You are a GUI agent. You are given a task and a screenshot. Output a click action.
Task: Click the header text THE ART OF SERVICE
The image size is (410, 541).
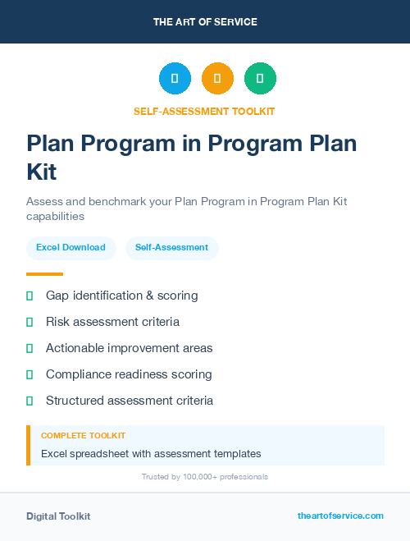[x=205, y=22]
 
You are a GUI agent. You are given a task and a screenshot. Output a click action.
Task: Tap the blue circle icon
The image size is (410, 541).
[x=175, y=79]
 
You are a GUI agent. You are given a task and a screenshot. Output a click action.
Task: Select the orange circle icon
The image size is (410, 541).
[x=217, y=79]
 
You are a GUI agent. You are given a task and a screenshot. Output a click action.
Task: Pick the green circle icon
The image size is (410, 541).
[x=260, y=79]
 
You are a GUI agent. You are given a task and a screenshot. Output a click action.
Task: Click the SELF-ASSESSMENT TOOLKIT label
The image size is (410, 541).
[x=204, y=111]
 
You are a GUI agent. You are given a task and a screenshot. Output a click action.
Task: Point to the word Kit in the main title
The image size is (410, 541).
[x=42, y=172]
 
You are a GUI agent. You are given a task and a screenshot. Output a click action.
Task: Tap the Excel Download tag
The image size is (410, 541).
[x=71, y=247]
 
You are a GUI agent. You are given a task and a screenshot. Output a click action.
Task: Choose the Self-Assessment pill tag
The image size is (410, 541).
[x=171, y=247]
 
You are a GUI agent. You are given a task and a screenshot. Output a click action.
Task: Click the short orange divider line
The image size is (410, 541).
[x=44, y=274]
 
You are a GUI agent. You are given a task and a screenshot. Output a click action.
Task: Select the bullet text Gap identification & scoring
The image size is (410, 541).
[x=121, y=296]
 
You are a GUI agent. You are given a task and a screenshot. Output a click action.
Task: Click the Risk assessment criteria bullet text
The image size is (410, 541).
[x=112, y=322]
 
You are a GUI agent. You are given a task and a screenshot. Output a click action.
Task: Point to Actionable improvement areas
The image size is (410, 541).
[x=129, y=348]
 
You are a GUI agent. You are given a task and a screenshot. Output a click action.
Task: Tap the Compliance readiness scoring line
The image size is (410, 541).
[x=129, y=374]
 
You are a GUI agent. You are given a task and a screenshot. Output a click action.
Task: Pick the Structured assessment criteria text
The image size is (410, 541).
[x=130, y=401]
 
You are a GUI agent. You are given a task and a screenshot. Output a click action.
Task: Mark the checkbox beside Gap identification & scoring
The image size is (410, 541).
[x=30, y=296]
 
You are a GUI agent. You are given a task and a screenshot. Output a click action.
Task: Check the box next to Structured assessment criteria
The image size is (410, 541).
[x=30, y=401]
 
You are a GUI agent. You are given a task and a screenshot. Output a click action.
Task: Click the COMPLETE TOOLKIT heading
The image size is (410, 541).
[x=83, y=436]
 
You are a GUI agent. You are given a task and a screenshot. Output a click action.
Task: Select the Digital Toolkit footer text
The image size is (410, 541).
[x=58, y=516]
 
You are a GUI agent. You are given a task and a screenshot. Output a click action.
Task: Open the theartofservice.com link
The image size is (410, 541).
[x=340, y=516]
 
